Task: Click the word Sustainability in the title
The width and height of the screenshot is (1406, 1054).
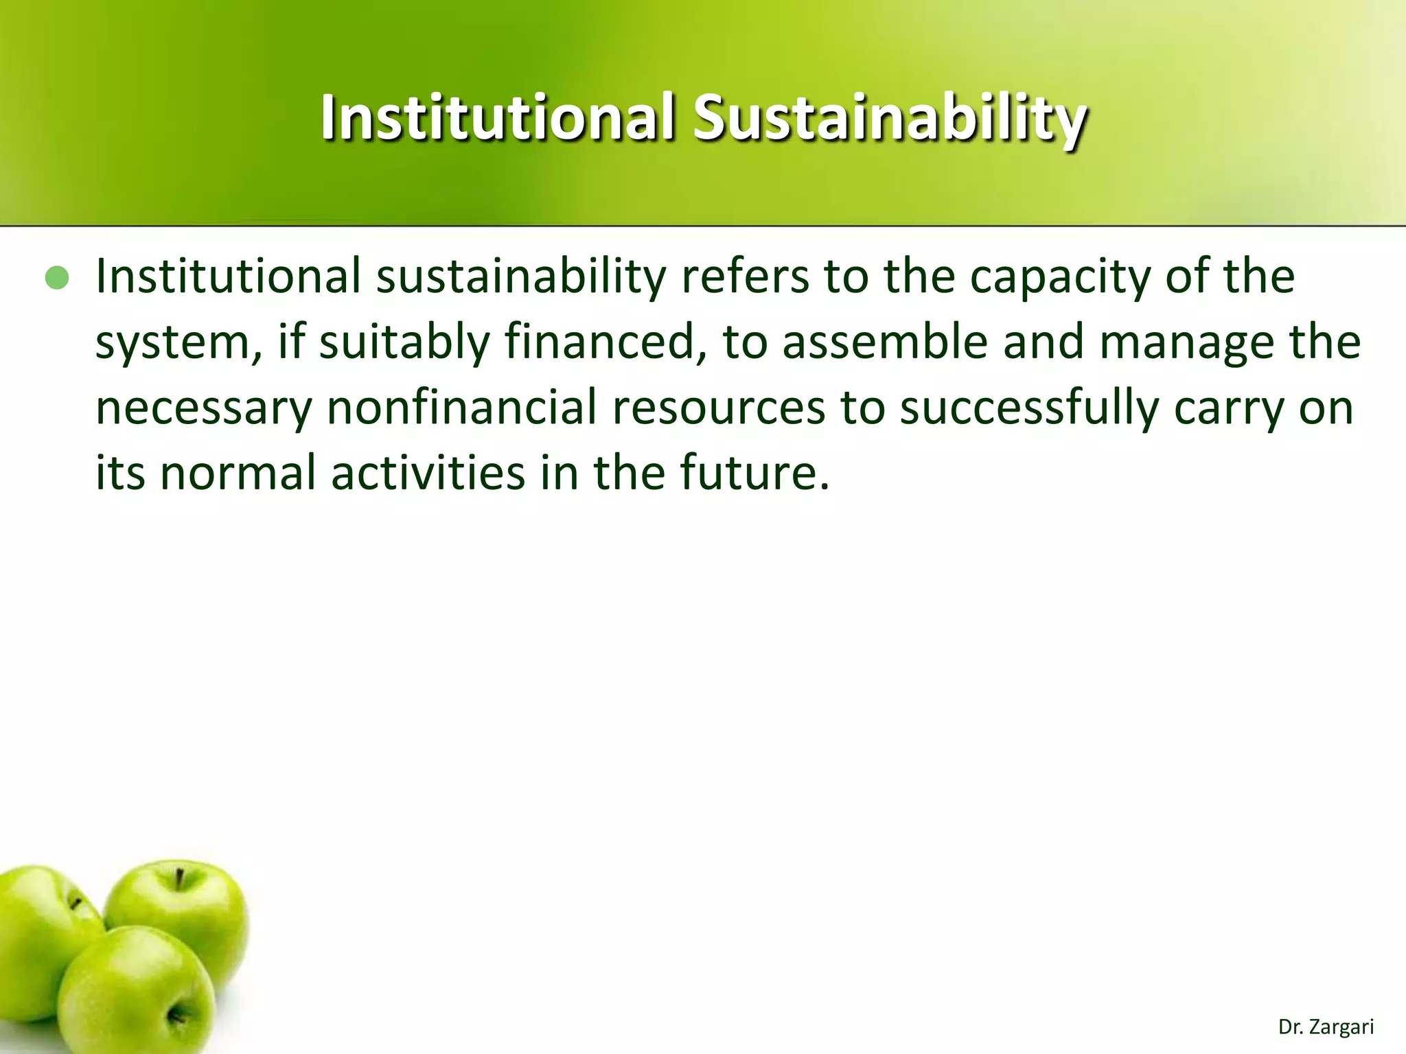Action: (x=889, y=118)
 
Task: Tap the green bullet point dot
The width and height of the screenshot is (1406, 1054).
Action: (x=57, y=278)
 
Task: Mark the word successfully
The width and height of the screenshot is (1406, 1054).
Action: (x=1028, y=408)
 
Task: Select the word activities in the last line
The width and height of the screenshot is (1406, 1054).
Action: (x=428, y=473)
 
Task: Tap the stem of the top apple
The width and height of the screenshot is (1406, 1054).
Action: (x=178, y=879)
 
